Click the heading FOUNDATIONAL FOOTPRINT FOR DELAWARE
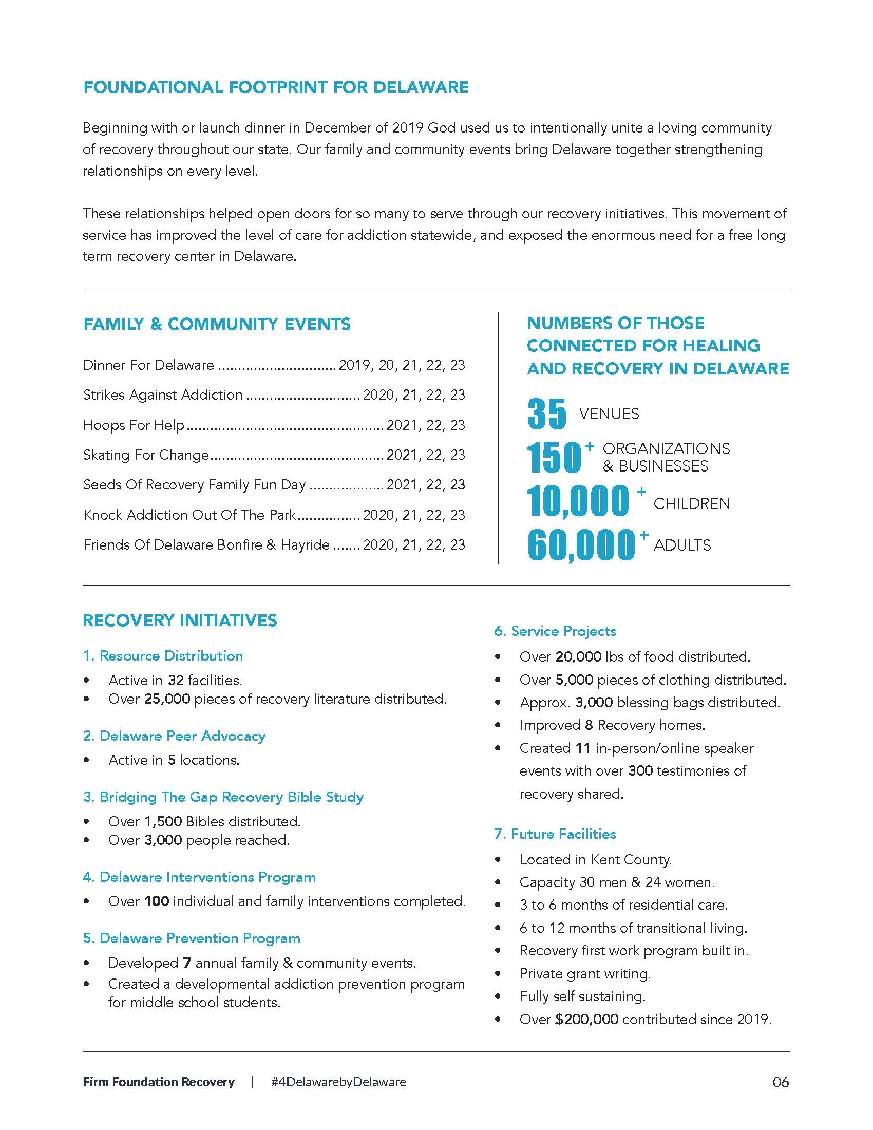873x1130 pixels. [276, 87]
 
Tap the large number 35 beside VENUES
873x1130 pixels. [547, 414]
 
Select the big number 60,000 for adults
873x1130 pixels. [581, 545]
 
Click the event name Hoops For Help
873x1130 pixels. [134, 425]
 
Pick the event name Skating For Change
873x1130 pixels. [146, 455]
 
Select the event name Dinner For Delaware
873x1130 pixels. [148, 365]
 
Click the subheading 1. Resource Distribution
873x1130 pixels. [163, 655]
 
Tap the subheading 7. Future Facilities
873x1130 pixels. [555, 834]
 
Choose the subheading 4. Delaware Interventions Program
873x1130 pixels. [200, 877]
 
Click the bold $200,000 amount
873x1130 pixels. [586, 1019]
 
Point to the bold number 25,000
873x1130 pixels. [167, 699]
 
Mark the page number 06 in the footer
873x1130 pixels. [781, 1082]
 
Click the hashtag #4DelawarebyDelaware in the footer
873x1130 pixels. [338, 1082]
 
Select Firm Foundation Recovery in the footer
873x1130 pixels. [159, 1082]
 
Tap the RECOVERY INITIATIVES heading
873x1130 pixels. [180, 620]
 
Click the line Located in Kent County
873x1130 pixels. [595, 860]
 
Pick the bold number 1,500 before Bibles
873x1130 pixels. [162, 822]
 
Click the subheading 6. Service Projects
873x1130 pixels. [556, 631]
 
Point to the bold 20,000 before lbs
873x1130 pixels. [578, 656]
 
